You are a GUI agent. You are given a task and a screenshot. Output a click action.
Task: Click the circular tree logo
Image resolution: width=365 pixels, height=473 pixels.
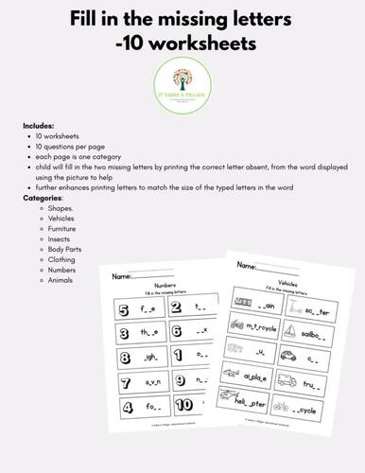pos(182,81)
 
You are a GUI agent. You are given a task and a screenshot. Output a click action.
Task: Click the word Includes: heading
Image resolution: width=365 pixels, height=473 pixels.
pos(40,126)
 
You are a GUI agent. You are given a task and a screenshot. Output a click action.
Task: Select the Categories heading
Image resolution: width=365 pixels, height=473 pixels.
pos(44,199)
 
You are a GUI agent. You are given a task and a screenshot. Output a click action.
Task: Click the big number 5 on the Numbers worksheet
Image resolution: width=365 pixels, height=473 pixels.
pos(122,308)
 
